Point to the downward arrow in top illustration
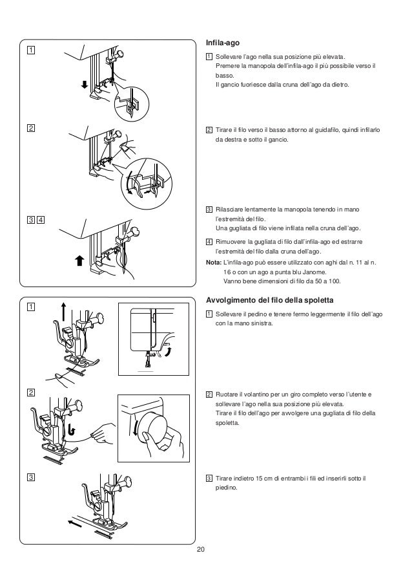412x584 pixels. coord(84,85)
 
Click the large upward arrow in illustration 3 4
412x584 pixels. coord(79,261)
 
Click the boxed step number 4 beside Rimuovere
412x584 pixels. coord(209,243)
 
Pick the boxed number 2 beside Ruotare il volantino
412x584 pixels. coord(209,395)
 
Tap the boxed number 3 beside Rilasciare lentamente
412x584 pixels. coord(209,209)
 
